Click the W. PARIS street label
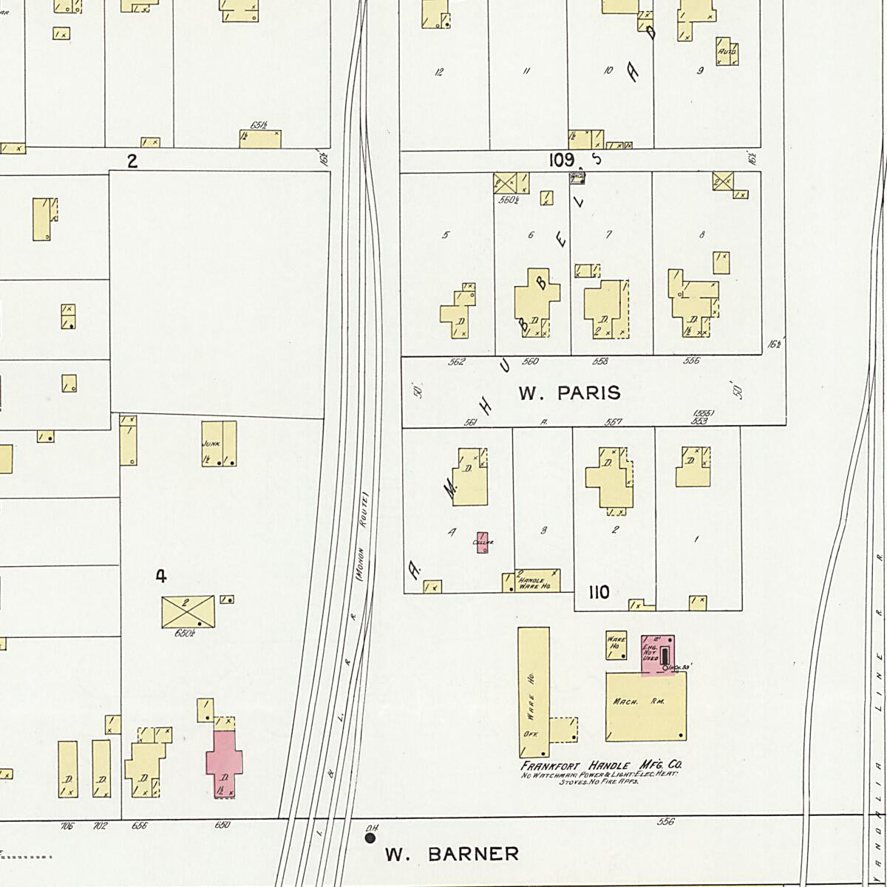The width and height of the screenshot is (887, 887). tap(569, 393)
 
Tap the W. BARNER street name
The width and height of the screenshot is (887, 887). tap(452, 854)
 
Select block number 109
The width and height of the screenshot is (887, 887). tap(562, 159)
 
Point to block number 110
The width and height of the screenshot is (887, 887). tap(599, 592)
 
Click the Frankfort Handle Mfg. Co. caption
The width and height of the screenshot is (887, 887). tap(602, 766)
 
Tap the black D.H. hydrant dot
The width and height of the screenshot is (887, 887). tap(370, 838)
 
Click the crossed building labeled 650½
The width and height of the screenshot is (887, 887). tap(188, 612)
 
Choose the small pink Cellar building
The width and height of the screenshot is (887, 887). tap(483, 543)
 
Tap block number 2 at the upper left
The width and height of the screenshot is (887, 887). tap(132, 160)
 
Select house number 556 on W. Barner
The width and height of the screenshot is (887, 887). tap(665, 821)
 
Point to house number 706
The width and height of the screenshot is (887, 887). tap(67, 826)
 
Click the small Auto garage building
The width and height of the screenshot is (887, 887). tap(727, 52)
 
